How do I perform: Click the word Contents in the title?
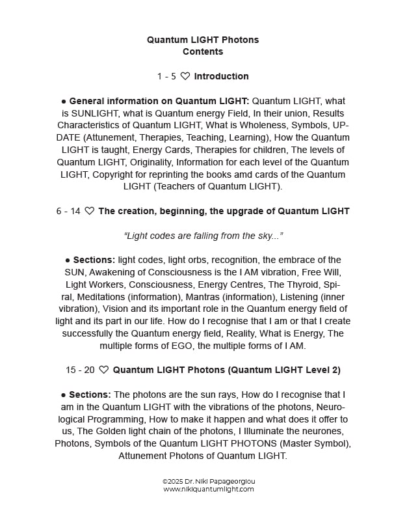203,52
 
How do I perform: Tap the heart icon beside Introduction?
185,76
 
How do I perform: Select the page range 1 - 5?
166,76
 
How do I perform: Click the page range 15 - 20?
80,370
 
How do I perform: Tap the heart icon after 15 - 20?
104,370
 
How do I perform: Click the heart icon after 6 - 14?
90,211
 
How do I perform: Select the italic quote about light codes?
203,235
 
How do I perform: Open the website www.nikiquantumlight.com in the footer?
209,489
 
